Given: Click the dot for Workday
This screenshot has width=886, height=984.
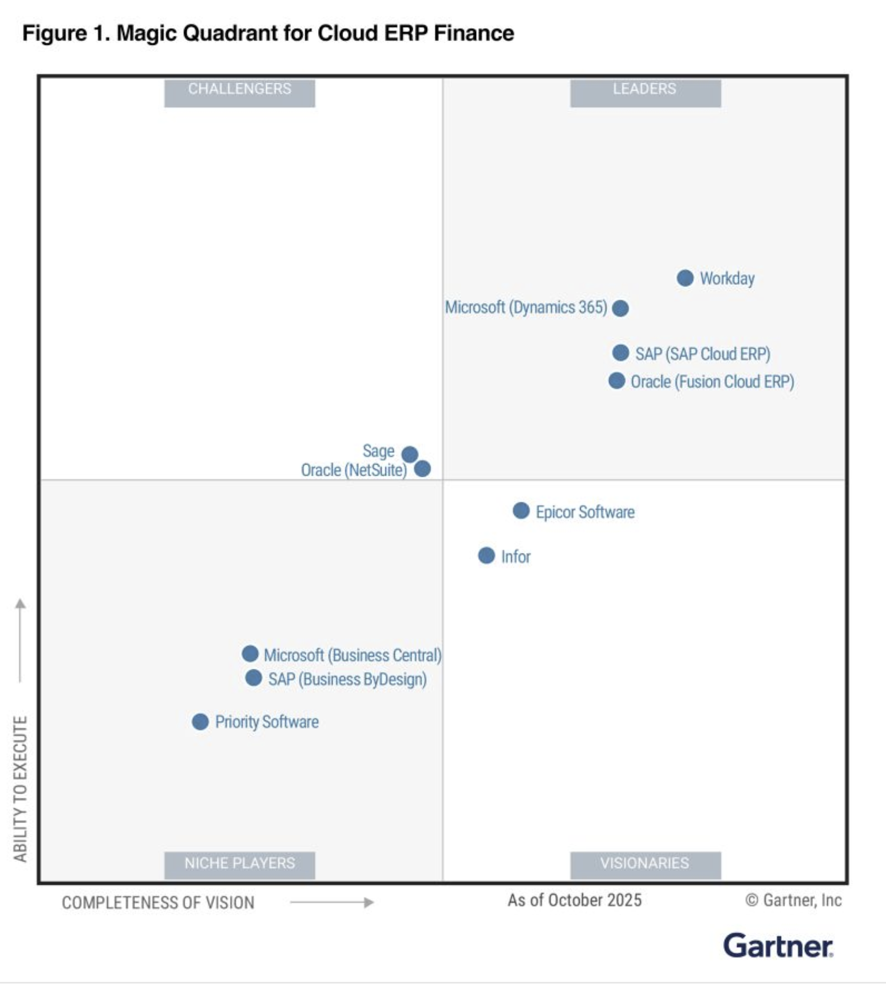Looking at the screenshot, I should [685, 278].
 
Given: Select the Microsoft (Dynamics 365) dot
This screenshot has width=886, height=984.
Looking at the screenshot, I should [620, 308].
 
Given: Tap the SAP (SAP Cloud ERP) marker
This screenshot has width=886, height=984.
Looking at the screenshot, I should [620, 353].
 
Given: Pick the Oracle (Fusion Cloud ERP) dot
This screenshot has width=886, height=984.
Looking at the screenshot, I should [616, 381].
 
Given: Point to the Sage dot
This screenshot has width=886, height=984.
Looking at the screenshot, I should [409, 454].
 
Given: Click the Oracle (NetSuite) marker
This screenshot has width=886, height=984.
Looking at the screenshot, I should [422, 469].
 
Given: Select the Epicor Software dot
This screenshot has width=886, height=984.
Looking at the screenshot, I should [521, 510].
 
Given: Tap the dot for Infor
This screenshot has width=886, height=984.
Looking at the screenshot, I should [486, 555].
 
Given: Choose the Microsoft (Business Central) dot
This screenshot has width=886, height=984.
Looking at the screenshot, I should [250, 653].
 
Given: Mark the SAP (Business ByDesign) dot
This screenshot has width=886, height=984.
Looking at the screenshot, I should [254, 678].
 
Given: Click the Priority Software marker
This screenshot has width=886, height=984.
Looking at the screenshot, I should [200, 722].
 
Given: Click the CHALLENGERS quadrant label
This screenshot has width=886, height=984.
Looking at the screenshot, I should [239, 89].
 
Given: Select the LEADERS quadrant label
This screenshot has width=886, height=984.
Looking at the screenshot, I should [645, 89].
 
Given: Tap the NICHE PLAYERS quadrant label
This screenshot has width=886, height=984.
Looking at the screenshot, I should [239, 863].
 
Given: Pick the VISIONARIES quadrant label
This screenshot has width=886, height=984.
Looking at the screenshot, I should [645, 863].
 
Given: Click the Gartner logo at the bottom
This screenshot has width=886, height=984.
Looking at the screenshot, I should [778, 946].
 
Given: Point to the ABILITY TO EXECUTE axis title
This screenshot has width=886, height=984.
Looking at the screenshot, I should [20, 789].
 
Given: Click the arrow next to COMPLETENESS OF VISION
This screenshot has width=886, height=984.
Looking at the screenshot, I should [331, 902].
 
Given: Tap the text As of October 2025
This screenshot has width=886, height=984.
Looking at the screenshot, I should [574, 900].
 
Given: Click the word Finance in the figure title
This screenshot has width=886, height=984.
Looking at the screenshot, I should [473, 33].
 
